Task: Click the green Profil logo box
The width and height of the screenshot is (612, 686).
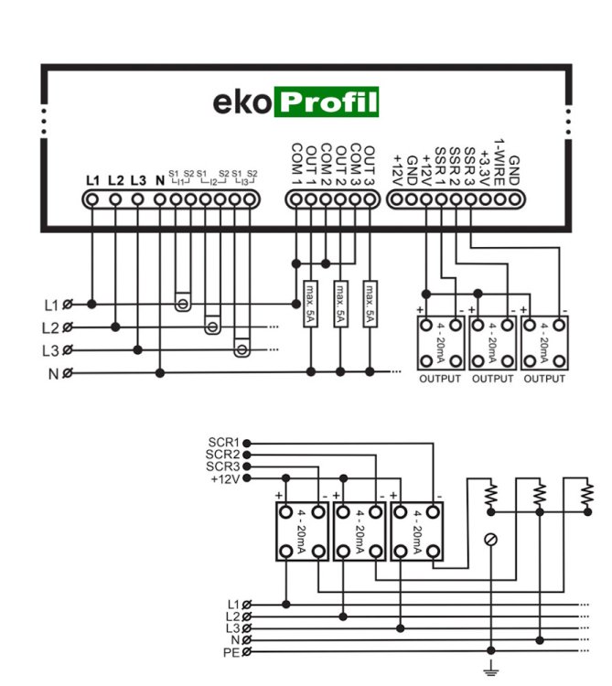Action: (327, 102)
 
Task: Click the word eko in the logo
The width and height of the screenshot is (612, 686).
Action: (242, 102)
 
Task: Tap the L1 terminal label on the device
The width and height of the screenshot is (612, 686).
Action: (92, 180)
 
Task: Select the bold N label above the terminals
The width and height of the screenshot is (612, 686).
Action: (160, 180)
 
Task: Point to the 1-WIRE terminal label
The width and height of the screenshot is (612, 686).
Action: (499, 163)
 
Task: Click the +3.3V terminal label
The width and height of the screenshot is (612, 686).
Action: (484, 168)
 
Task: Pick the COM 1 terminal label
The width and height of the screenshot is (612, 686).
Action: (296, 165)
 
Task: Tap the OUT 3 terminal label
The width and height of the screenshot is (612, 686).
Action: (370, 166)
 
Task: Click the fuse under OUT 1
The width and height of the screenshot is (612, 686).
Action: (310, 304)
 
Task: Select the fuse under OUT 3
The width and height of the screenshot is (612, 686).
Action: (370, 304)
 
